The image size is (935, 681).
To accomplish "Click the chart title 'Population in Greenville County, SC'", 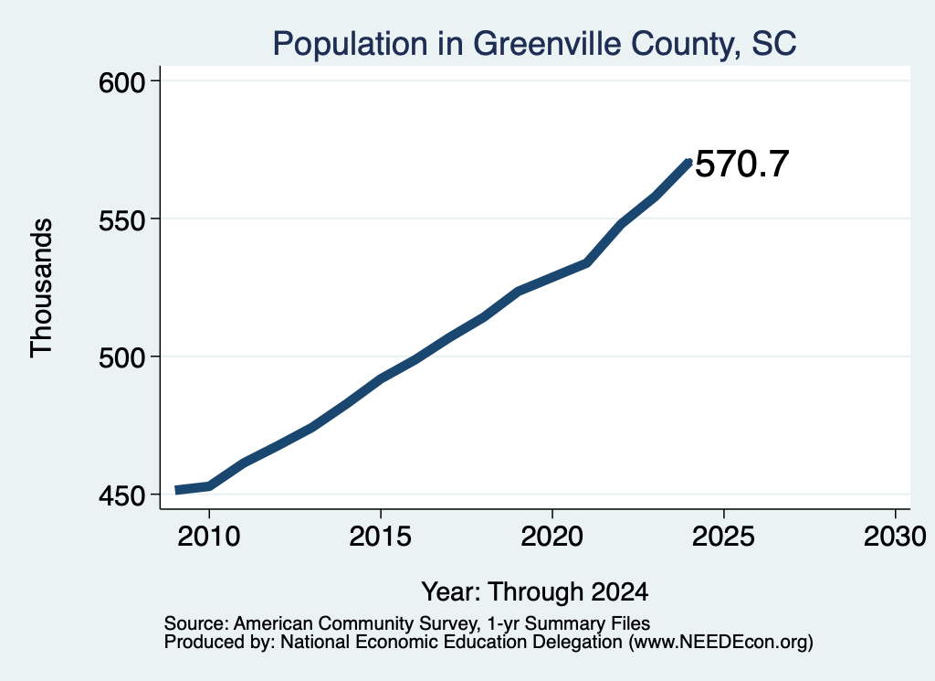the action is tap(534, 44).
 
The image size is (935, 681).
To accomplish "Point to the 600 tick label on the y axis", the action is tap(122, 82).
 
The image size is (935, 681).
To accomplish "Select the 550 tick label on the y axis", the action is tap(122, 220).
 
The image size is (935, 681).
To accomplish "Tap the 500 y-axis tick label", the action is tap(122, 358).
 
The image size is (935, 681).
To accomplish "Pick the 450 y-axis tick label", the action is tap(122, 496).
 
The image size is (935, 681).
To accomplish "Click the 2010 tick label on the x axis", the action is tap(209, 536).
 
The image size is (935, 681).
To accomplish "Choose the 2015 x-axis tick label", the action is tap(381, 536).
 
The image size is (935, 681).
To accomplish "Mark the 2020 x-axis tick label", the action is tap(552, 536).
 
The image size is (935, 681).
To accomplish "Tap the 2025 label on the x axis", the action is tap(723, 536).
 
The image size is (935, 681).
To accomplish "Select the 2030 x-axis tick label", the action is tap(895, 536).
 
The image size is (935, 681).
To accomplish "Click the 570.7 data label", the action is tap(742, 165).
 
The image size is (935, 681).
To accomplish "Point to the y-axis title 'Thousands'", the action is tap(41, 288).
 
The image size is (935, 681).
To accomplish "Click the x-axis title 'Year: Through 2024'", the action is tap(535, 591).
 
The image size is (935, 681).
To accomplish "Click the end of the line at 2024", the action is tap(689, 162).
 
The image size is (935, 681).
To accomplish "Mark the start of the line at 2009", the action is tap(175, 490).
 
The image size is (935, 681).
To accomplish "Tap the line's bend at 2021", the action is tap(587, 262).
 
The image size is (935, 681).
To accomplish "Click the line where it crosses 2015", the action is tap(381, 378).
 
